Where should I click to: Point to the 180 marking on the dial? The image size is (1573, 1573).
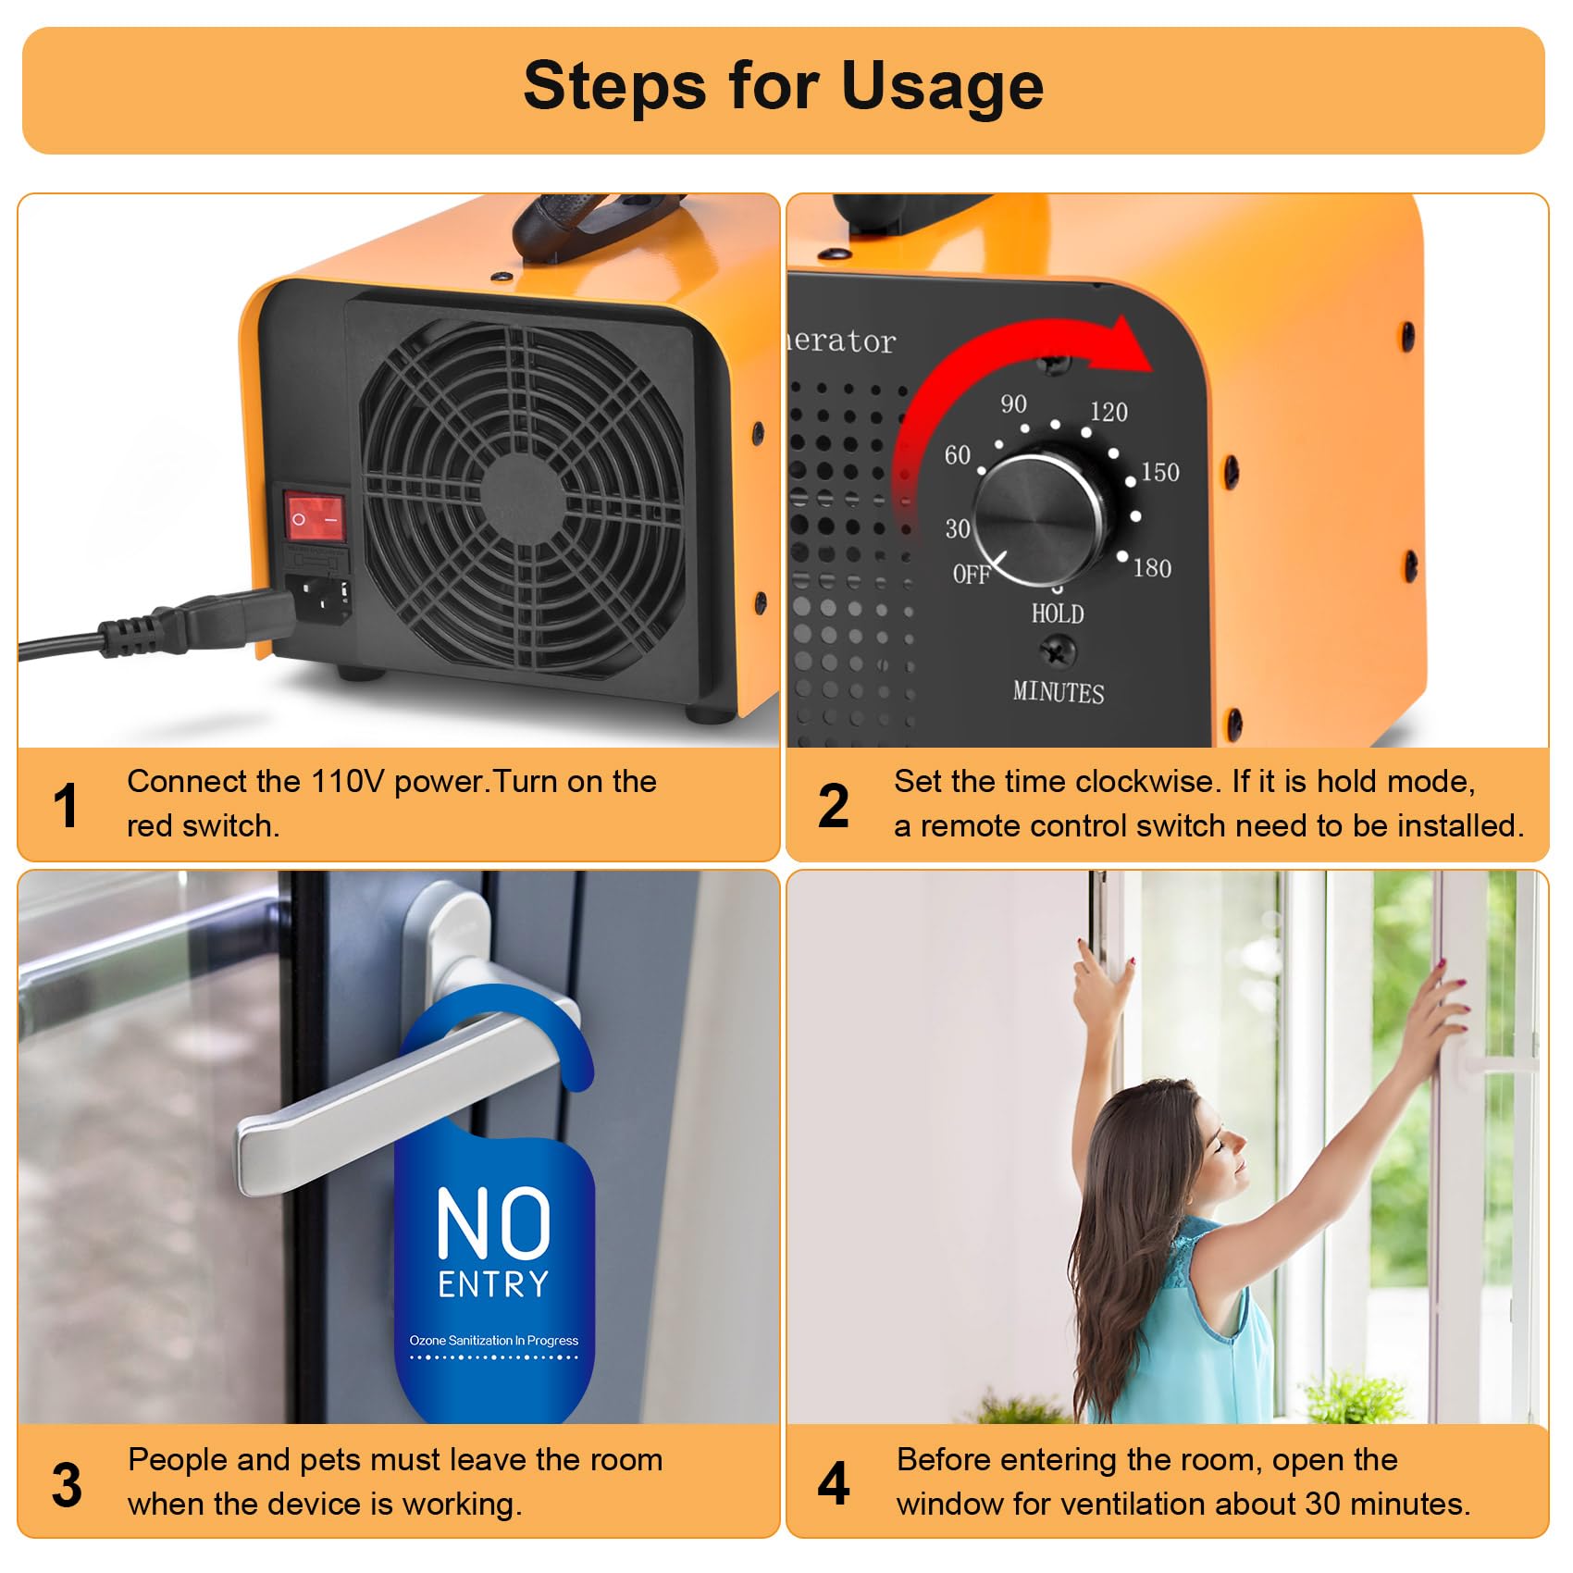pos(1152,568)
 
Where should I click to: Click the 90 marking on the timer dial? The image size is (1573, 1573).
pos(1013,403)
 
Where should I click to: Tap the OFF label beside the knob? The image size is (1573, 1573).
pos(972,575)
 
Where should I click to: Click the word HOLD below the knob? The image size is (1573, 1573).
pos(1058,613)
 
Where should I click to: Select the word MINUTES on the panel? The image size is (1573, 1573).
pos(1058,692)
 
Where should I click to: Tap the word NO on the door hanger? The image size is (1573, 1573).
pos(493,1223)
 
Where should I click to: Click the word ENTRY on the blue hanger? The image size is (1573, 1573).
pos(493,1284)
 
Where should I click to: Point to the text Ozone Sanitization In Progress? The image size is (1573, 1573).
pos(493,1340)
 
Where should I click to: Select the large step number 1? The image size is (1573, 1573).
pos(66,805)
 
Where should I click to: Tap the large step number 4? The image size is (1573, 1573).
pos(833,1483)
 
